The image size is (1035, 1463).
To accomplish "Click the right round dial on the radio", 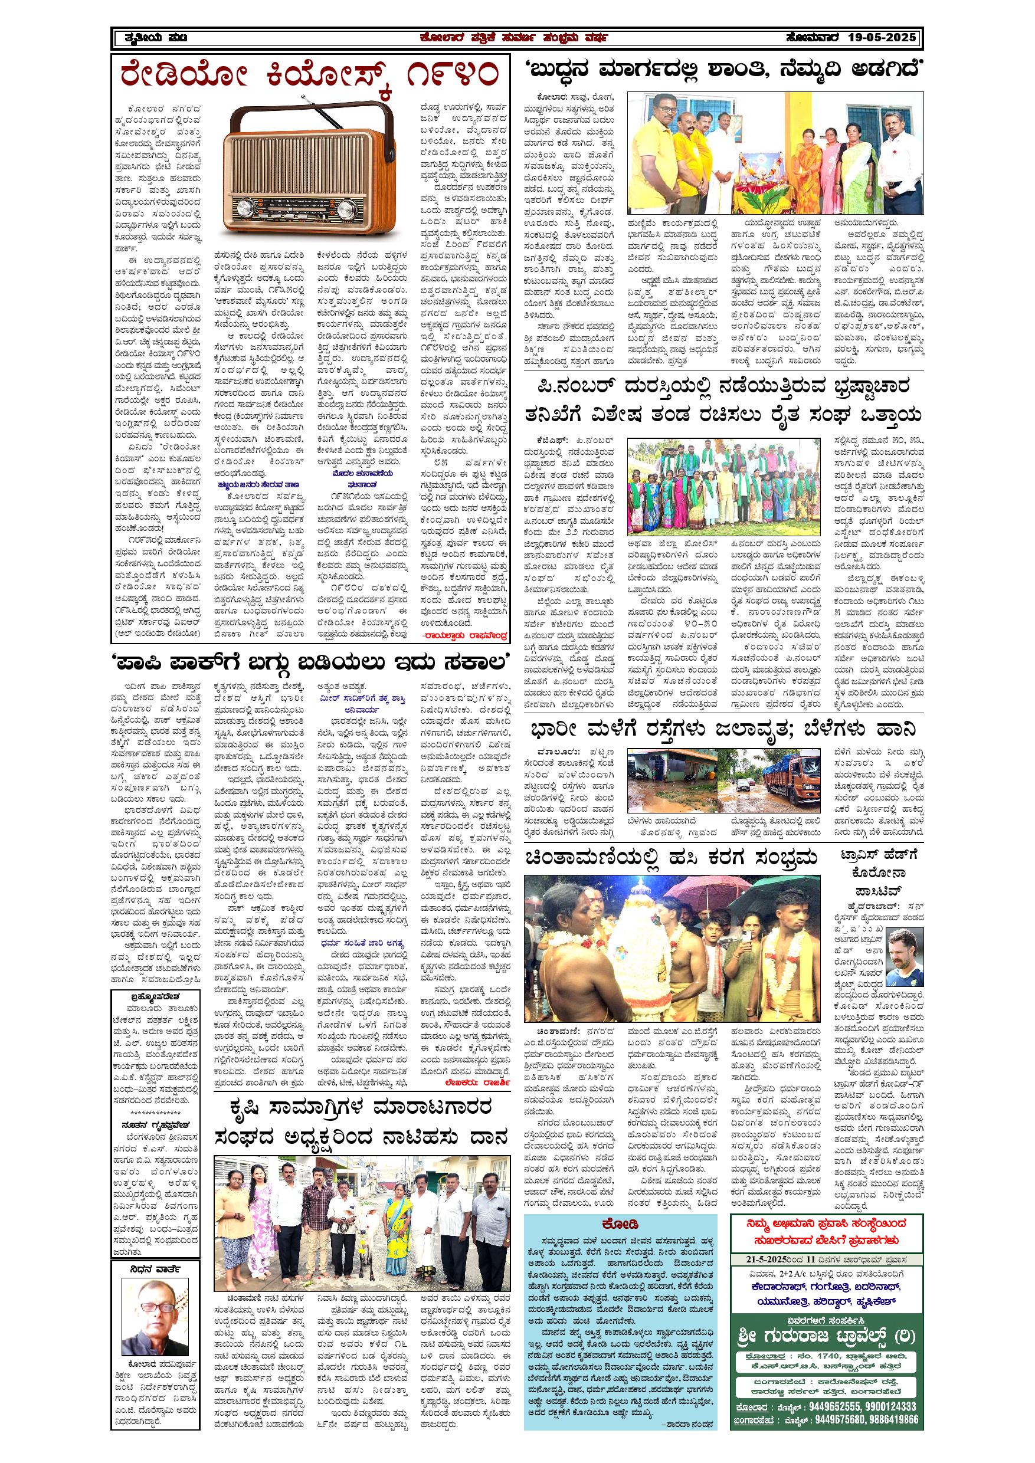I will click(x=345, y=208).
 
